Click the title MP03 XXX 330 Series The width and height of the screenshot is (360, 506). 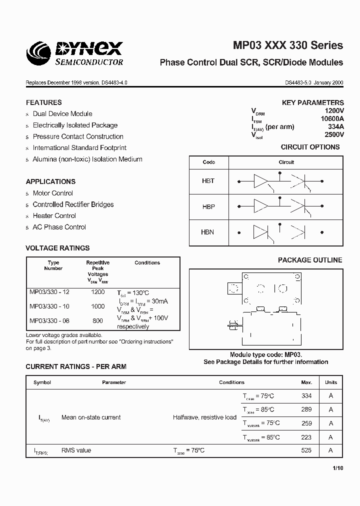pyautogui.click(x=288, y=45)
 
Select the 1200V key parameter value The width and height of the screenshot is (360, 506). pyautogui.click(x=334, y=110)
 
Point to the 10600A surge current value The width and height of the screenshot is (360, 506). pyautogui.click(x=332, y=118)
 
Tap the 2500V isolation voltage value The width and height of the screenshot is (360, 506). pyautogui.click(x=334, y=134)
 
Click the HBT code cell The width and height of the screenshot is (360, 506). pyautogui.click(x=208, y=181)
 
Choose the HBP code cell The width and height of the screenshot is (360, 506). pyautogui.click(x=208, y=206)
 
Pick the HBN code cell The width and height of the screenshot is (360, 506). pyautogui.click(x=208, y=232)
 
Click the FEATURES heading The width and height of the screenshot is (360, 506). pyautogui.click(x=44, y=102)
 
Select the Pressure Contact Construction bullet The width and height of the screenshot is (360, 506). pyautogui.click(x=78, y=136)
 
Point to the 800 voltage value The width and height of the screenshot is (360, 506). pyautogui.click(x=97, y=320)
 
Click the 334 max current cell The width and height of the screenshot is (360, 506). pyautogui.click(x=306, y=395)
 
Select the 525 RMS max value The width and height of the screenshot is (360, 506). pyautogui.click(x=306, y=450)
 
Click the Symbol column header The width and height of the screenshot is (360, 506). pyautogui.click(x=42, y=382)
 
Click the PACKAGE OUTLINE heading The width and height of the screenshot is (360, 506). pyautogui.click(x=310, y=260)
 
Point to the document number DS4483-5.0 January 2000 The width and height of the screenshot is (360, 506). pyautogui.click(x=314, y=83)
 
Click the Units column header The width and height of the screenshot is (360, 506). pyautogui.click(x=330, y=382)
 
